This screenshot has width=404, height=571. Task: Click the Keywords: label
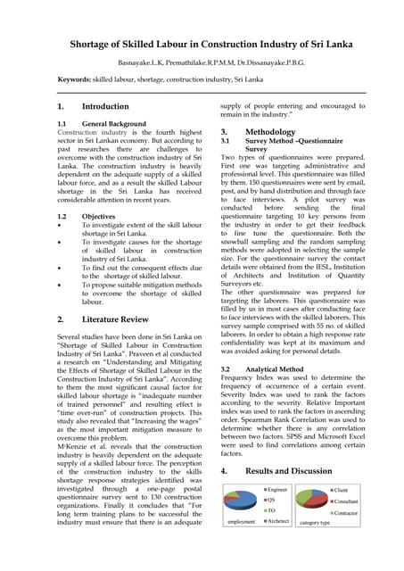(x=76, y=79)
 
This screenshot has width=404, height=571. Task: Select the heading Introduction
(x=105, y=106)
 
